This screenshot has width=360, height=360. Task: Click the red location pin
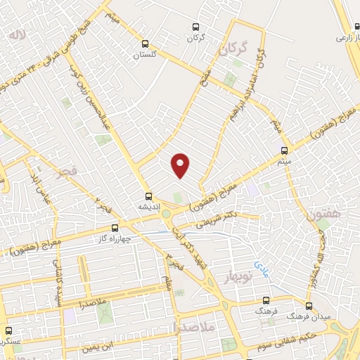[x=181, y=165]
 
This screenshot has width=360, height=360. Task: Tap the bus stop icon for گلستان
[x=148, y=43]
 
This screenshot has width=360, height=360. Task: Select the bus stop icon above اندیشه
[x=148, y=196]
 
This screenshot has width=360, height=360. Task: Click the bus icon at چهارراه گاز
[x=115, y=228]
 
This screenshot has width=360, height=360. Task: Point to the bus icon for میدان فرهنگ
[x=309, y=306]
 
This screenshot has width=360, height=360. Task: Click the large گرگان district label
[x=233, y=49]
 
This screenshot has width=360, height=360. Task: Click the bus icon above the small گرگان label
[x=196, y=27]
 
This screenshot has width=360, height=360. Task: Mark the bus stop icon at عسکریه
[x=8, y=330]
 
